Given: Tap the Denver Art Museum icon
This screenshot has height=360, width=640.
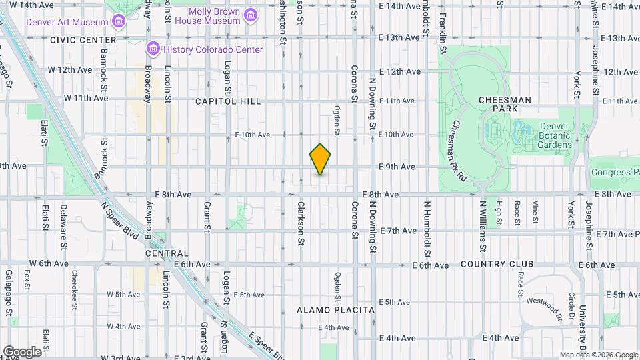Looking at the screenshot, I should (119, 21).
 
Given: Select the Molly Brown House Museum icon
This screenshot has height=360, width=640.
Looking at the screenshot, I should (250, 15).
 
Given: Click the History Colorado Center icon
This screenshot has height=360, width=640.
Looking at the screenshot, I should (153, 49).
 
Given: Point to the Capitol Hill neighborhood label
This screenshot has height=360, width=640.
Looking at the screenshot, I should (228, 101).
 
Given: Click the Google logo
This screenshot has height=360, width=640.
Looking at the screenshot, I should (22, 351).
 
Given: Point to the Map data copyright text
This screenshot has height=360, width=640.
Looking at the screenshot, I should (598, 355).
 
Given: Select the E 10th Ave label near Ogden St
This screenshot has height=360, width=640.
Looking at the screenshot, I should (253, 135).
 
